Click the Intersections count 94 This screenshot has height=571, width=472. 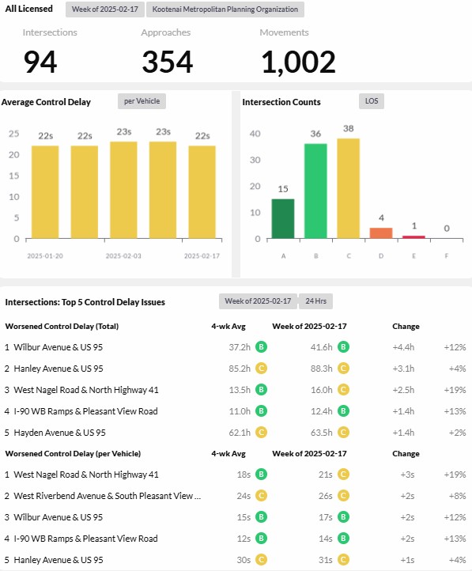coord(40,62)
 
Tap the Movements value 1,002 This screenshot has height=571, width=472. coord(298,62)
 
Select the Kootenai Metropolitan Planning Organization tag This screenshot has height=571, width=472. coord(225,9)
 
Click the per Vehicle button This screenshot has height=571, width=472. coord(142,101)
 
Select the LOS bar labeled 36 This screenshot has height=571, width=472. coord(315,191)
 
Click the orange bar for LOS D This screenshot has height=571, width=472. coord(381,233)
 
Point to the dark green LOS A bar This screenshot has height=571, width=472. coord(283,219)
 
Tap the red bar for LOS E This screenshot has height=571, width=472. coord(413,237)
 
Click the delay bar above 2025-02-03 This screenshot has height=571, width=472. coord(123,190)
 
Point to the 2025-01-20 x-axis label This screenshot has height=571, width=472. coord(45,256)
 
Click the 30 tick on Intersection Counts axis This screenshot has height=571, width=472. coord(255,160)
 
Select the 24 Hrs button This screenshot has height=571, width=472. coord(316,301)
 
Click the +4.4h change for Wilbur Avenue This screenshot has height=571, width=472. coord(403,347)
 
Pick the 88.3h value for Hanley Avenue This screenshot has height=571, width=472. coord(321,369)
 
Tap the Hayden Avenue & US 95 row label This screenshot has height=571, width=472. coord(59,433)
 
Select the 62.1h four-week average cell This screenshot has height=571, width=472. coord(240,433)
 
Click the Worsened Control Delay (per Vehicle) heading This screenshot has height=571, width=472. coord(73,454)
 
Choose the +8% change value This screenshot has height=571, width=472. coord(458,496)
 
